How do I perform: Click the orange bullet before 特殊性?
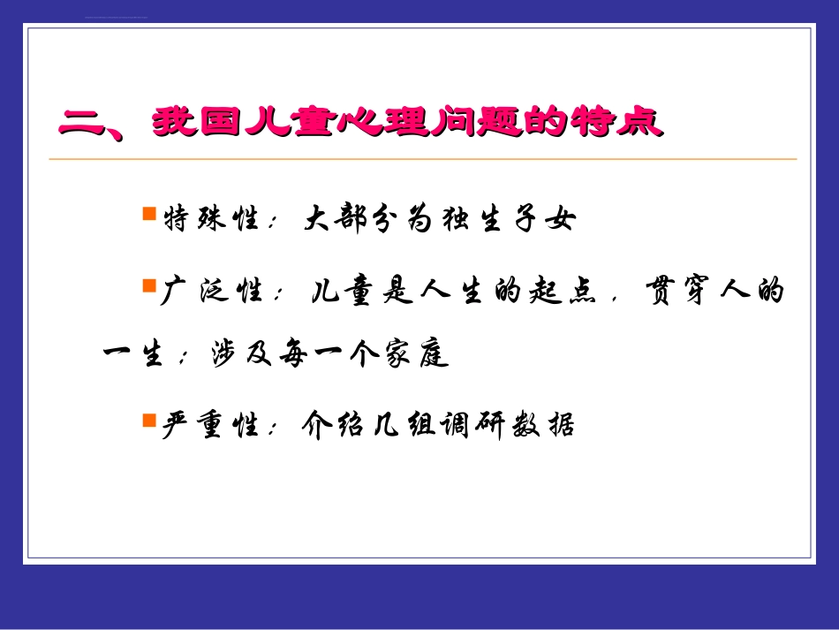148,215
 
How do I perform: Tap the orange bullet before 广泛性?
148,285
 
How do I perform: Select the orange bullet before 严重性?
148,421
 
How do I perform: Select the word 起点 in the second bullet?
561,291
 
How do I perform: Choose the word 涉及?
234,354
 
